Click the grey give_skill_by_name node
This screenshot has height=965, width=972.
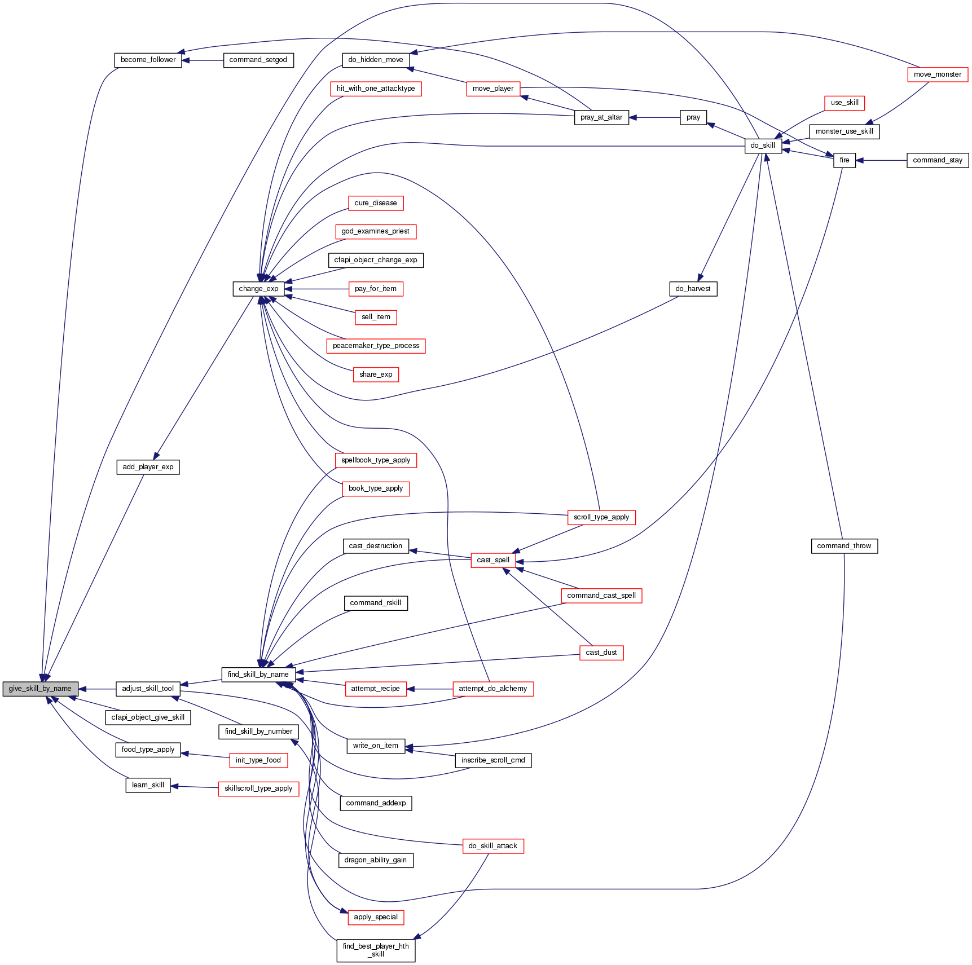click(40, 689)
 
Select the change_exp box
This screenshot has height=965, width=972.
click(258, 289)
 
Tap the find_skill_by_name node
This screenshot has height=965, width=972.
click(258, 675)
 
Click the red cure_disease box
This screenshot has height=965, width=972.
click(376, 203)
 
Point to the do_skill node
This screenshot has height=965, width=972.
click(763, 146)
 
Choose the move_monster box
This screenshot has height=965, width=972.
click(938, 74)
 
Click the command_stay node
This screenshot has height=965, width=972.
click(938, 160)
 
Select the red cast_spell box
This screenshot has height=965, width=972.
click(493, 560)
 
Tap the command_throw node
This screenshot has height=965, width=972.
click(844, 546)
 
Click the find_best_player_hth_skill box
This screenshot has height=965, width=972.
click(376, 950)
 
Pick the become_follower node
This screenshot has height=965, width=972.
click(148, 60)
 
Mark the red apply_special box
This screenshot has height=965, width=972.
click(376, 917)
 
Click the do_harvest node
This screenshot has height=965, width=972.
click(693, 289)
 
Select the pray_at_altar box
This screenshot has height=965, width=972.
click(601, 117)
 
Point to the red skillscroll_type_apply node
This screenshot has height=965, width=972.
click(258, 788)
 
